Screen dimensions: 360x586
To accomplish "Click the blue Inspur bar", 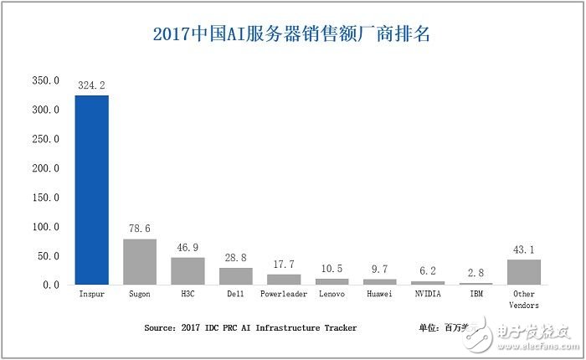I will (92, 190).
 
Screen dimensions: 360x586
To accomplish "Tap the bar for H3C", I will (188, 271).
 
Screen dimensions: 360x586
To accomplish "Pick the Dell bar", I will (235, 276).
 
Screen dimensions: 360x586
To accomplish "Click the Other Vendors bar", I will (524, 272).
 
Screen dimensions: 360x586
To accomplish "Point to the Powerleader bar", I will (284, 280).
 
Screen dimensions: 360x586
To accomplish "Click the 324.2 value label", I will (92, 85).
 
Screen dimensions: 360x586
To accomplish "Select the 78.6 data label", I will (140, 229).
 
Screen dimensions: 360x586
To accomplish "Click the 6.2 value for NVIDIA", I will (428, 270).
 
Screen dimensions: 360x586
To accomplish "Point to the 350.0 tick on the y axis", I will (45, 81).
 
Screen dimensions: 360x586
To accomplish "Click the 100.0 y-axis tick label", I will (45, 227).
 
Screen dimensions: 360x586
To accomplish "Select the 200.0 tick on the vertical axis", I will (45, 168).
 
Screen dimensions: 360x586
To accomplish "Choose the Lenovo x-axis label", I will (332, 296).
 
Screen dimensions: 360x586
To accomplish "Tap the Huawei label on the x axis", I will (379, 296).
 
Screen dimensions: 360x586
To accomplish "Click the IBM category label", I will (475, 296).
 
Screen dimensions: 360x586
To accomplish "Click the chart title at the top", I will (292, 34).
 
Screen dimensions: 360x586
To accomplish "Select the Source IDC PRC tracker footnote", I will (250, 328).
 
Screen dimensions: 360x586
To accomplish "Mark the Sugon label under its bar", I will (140, 296).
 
